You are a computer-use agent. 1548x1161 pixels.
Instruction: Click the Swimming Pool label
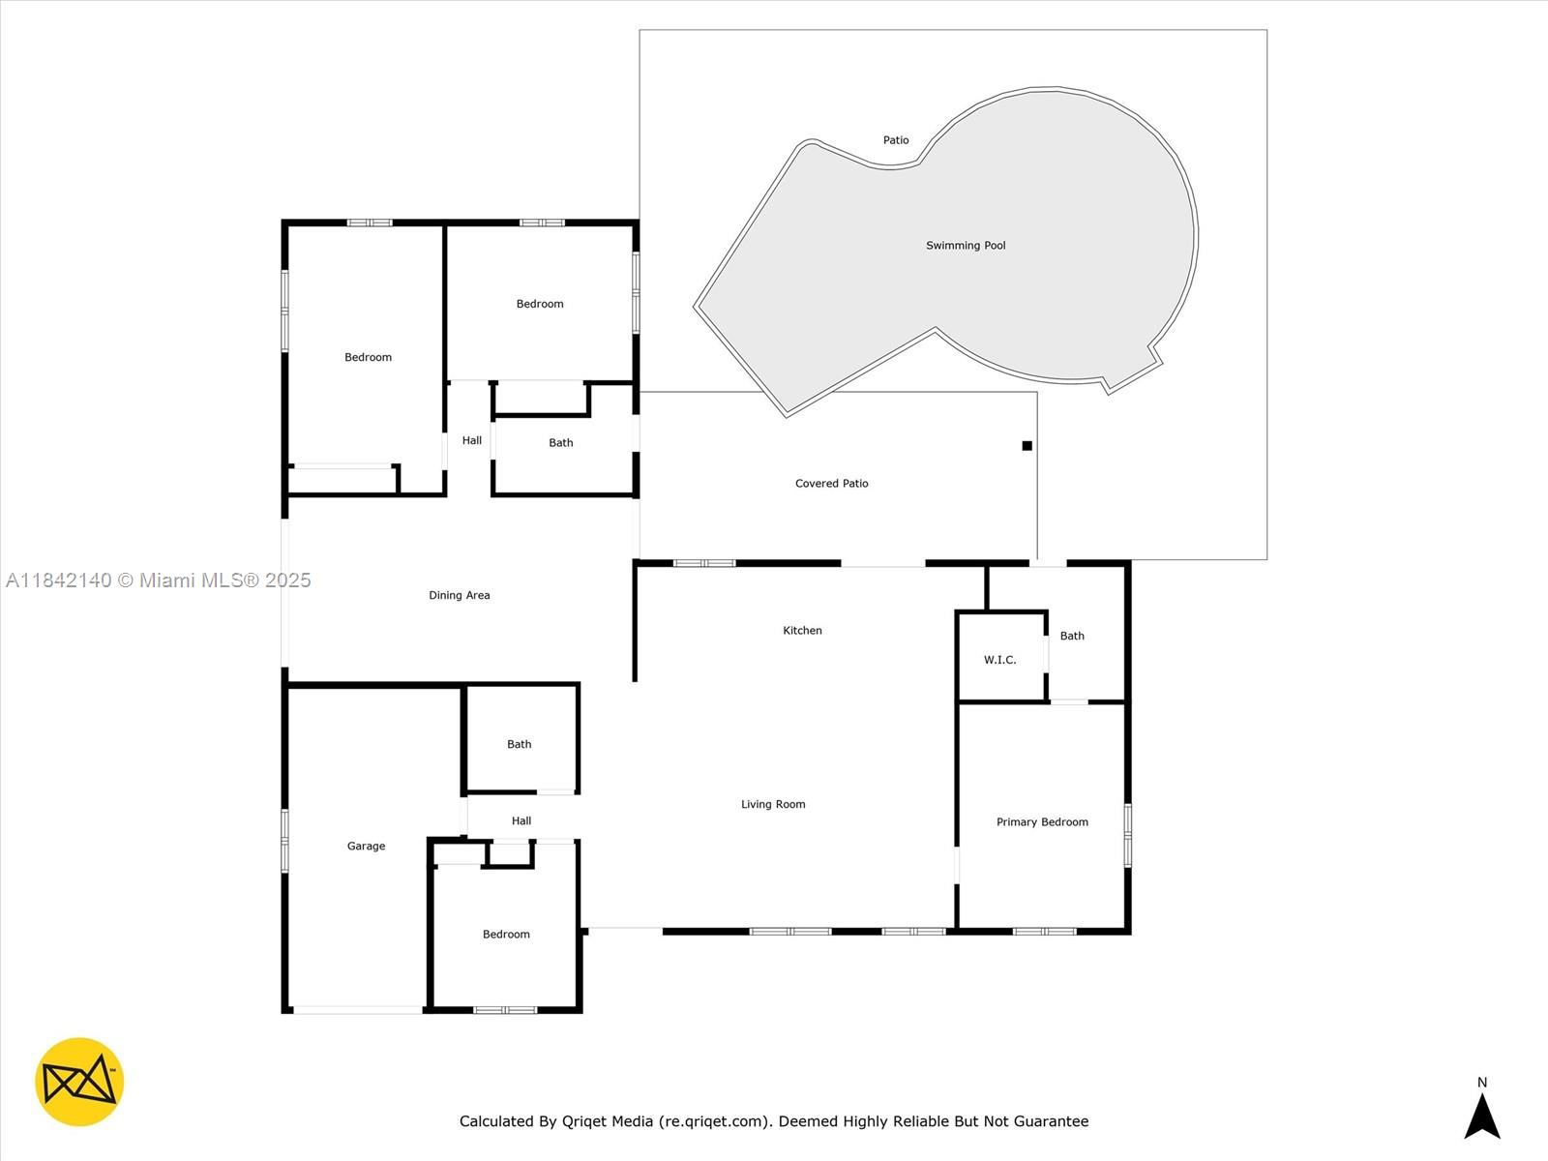coord(966,246)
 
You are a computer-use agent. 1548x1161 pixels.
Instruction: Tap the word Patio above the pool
coord(896,140)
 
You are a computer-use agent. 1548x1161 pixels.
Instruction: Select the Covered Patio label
coord(831,484)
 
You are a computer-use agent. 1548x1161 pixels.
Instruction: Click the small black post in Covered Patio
coord(1027,445)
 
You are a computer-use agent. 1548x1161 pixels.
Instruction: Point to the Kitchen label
coord(802,630)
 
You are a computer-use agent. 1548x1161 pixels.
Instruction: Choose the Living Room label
coord(773,804)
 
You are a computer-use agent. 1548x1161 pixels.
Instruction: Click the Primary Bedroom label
coord(1042,822)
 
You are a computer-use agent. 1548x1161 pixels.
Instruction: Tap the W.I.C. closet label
coord(1000,660)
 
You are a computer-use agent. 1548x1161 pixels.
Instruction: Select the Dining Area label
coord(460,596)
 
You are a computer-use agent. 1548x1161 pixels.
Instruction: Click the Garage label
coord(366,846)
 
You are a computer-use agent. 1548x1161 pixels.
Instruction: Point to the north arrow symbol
coord(1481,1116)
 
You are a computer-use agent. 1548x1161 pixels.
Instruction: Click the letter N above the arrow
coord(1481,1082)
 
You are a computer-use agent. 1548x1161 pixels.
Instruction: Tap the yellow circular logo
coord(79,1082)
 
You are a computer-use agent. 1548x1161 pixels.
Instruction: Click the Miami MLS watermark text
coord(158,580)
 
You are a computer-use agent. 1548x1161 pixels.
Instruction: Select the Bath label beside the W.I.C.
coord(1072,636)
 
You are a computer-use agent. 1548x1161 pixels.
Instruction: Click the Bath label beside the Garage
coord(519,744)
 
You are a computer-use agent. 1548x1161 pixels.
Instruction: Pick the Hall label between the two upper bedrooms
coord(472,440)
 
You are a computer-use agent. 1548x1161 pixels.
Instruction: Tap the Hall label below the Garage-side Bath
coord(521,820)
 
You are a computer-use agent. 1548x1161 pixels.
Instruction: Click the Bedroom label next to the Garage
coord(506,934)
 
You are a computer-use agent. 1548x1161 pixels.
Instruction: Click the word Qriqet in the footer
coord(583,1120)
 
